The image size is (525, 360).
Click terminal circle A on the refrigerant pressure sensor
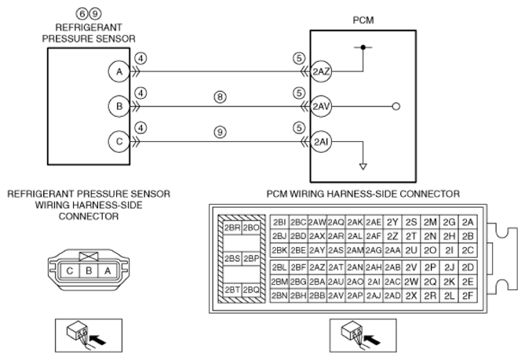(118, 71)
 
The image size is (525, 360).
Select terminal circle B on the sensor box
(118, 107)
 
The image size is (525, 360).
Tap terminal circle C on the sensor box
(118, 141)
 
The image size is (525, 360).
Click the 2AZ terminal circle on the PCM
(321, 71)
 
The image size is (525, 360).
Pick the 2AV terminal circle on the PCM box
(321, 107)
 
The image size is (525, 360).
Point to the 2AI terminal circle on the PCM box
(321, 142)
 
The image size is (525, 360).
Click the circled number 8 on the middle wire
(220, 97)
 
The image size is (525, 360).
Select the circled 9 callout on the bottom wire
(220, 132)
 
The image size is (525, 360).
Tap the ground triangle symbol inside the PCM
(363, 166)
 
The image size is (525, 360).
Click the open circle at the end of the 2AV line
(396, 107)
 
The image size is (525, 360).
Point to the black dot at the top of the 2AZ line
(363, 48)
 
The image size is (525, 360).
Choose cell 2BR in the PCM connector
(232, 228)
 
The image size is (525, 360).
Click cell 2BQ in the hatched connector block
(251, 289)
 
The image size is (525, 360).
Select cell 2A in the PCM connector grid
(468, 223)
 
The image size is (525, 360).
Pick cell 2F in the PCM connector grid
(468, 296)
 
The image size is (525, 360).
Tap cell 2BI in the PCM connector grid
(279, 223)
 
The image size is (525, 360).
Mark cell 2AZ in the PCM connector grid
(317, 267)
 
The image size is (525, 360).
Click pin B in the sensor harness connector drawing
(89, 271)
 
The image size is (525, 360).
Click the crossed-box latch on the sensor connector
(89, 256)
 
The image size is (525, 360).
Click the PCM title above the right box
(363, 20)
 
